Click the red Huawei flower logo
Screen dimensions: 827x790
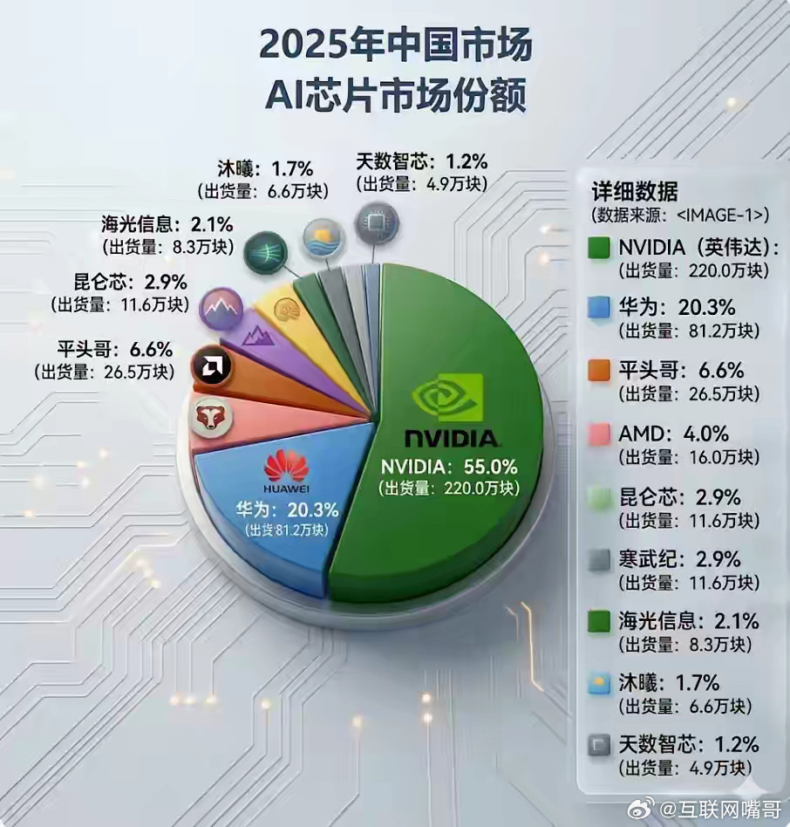pos(286,467)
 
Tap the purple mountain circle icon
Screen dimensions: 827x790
pos(221,308)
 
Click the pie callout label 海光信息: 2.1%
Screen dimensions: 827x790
pos(166,223)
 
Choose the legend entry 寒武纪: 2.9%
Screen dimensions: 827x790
pos(678,558)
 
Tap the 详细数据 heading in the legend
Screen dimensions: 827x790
pos(628,191)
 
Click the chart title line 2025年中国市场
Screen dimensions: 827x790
pos(395,45)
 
